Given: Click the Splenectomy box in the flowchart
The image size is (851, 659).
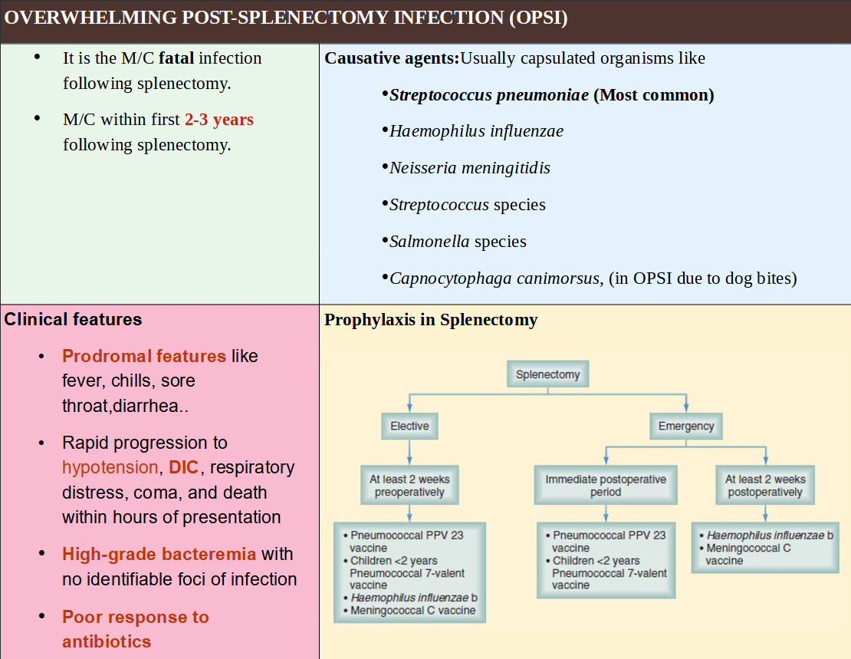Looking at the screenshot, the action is [547, 375].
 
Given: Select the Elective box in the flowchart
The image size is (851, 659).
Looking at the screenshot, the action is [409, 426].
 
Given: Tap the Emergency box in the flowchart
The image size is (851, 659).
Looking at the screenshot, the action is [685, 426].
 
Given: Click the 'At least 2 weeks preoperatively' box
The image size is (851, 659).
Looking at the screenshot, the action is [409, 486].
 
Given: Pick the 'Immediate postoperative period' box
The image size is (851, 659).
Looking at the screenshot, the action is [606, 486].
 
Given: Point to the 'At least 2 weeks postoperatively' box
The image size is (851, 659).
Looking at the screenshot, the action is [765, 486].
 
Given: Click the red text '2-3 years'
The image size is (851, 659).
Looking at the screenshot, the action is [219, 120].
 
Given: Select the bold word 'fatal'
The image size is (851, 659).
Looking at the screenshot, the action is [176, 58].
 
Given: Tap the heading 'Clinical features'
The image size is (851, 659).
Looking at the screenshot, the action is [74, 319].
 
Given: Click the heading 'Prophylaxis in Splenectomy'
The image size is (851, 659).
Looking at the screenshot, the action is [431, 320].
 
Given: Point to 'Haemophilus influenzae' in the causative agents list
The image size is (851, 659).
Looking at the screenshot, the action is [476, 131].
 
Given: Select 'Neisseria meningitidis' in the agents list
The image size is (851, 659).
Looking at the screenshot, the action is [469, 168].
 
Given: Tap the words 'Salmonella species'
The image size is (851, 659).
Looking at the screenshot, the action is [458, 242].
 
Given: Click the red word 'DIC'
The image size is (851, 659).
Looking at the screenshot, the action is [184, 467].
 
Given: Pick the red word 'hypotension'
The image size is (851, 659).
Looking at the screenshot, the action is [110, 467].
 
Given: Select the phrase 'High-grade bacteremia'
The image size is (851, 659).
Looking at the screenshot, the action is [159, 554].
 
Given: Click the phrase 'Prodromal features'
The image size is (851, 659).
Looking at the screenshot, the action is [144, 356].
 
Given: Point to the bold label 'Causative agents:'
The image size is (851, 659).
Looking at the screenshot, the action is [392, 58].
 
